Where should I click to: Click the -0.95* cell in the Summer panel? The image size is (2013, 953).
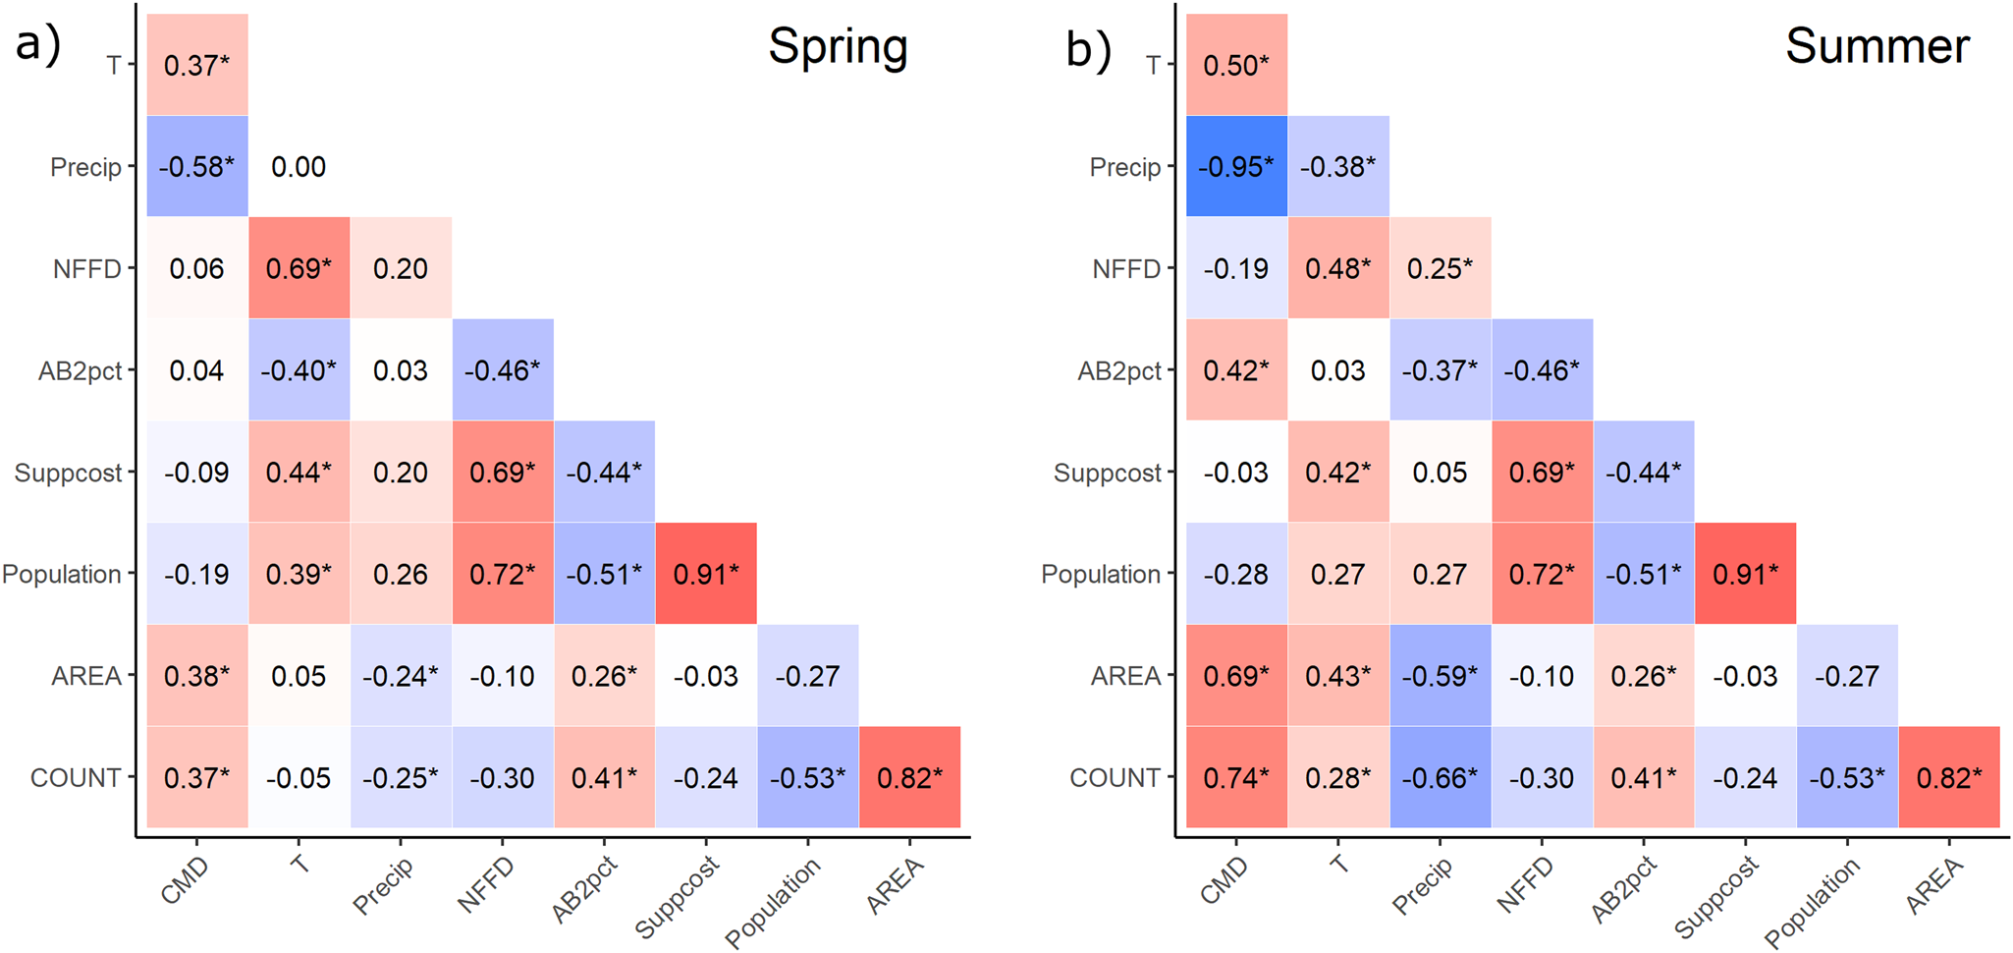(1236, 166)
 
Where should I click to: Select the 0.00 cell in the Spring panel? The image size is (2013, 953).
(299, 166)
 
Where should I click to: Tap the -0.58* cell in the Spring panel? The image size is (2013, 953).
(196, 166)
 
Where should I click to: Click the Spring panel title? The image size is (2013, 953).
(838, 46)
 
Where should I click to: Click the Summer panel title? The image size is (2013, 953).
(1877, 46)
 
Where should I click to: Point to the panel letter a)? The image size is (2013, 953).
(37, 44)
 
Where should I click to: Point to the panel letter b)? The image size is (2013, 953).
(1088, 49)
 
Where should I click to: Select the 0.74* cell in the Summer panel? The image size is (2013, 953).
(1236, 777)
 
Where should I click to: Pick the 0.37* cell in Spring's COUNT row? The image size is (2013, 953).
(196, 777)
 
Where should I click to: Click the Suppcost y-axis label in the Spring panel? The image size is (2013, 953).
(68, 473)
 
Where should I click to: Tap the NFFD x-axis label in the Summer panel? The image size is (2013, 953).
(1526, 884)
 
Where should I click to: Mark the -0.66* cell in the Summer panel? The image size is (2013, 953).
(1440, 777)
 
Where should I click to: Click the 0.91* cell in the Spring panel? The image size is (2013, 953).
(706, 574)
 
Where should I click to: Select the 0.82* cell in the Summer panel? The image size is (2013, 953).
(1949, 777)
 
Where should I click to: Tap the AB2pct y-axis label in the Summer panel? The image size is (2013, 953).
(1118, 371)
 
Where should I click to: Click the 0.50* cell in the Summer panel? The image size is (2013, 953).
(1236, 65)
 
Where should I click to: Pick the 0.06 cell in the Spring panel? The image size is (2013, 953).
(196, 268)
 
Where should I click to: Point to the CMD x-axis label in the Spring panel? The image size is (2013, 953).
(185, 880)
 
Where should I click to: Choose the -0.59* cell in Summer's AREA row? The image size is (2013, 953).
(1440, 676)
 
